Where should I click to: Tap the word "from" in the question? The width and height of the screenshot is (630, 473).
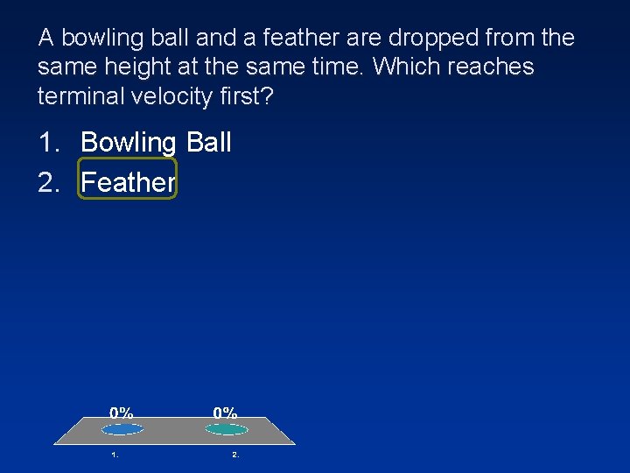507,39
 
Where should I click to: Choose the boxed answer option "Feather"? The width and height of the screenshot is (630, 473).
128,181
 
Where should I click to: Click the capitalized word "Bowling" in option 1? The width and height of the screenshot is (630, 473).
129,143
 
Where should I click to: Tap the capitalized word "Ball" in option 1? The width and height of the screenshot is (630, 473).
208,142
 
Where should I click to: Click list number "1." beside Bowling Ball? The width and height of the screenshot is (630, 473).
50,142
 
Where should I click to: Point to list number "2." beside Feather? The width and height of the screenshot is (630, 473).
50,181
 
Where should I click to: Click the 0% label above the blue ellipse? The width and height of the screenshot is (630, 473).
122,413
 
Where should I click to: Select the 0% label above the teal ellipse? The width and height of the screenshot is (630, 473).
226,413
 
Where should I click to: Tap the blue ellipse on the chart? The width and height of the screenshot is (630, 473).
122,429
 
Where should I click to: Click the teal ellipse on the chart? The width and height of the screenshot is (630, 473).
227,429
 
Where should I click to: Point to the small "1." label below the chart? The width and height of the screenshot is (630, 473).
115,455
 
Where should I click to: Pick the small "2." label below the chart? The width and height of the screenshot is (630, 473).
235,455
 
